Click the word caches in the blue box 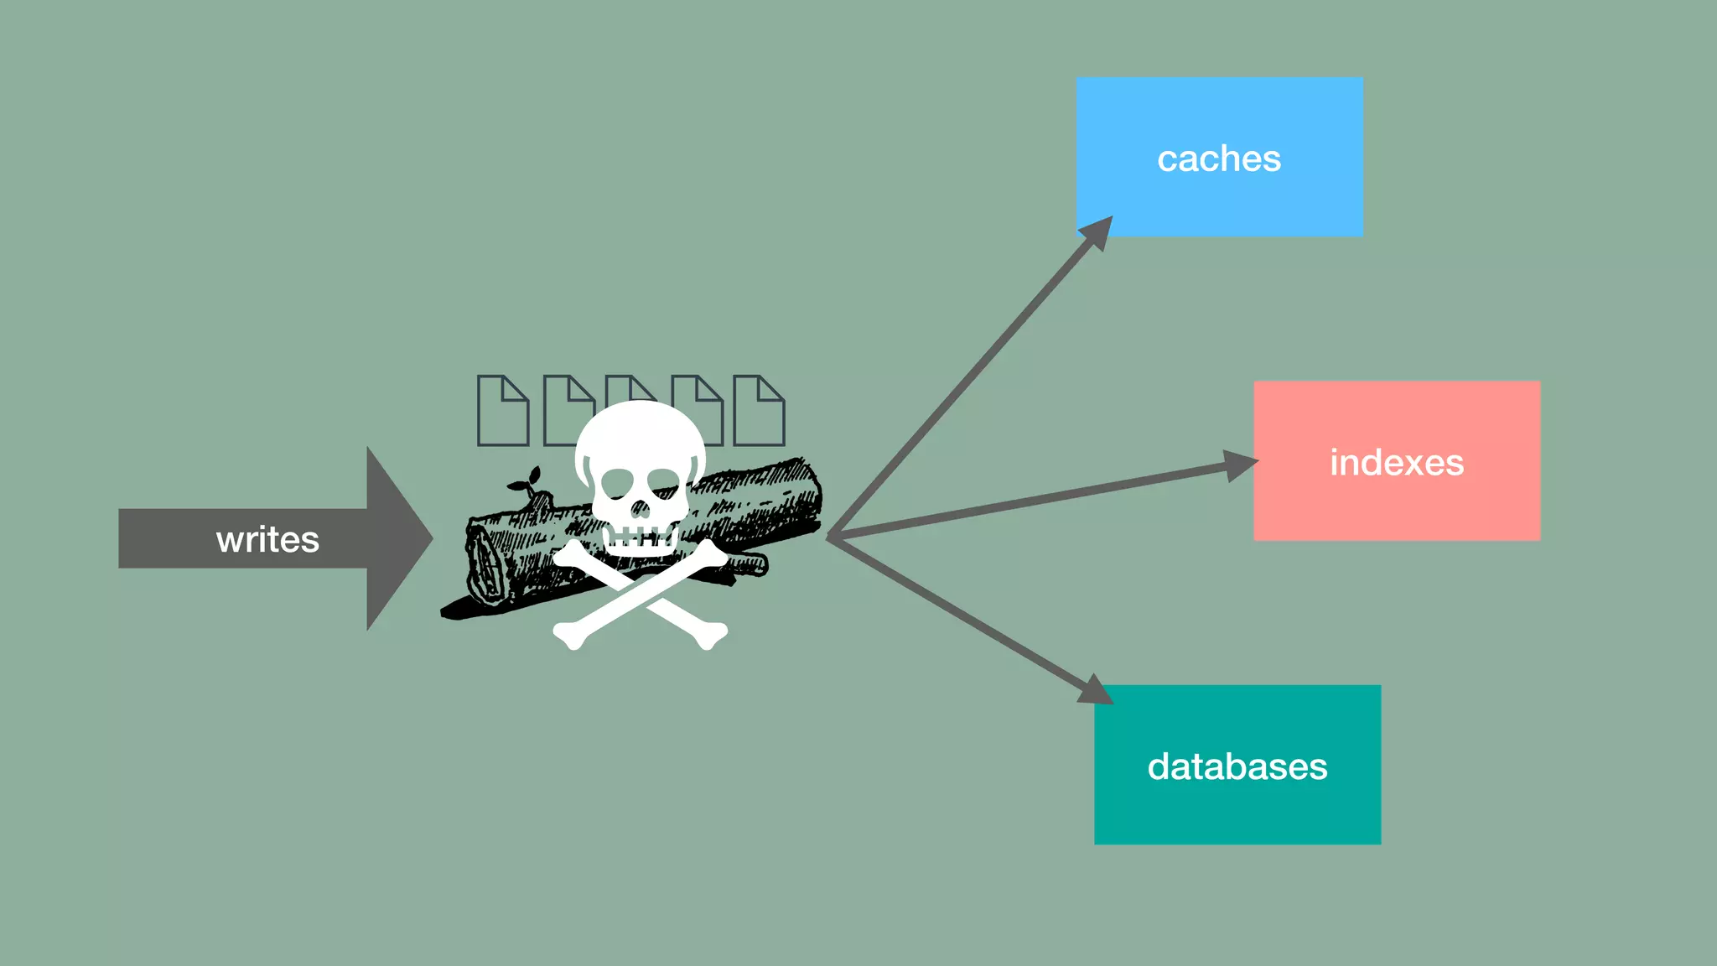pos(1219,158)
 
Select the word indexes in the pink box pos(1397,462)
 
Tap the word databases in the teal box pos(1237,766)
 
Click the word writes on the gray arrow pos(267,539)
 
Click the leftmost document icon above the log pos(503,410)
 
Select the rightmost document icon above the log pos(759,410)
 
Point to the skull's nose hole pos(640,509)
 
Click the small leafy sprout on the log pos(526,483)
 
